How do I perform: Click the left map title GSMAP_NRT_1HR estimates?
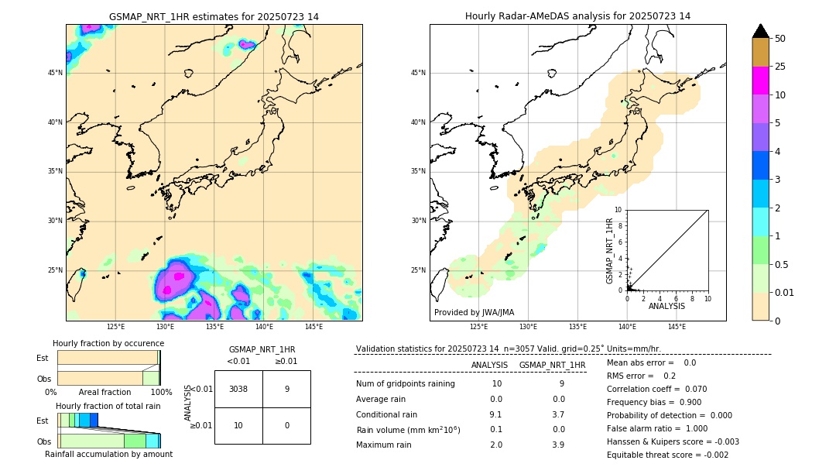coord(214,16)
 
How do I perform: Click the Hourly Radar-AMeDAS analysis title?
coord(577,16)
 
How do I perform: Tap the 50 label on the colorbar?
coord(780,38)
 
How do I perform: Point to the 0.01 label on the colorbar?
coord(785,292)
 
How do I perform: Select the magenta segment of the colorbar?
coord(760,81)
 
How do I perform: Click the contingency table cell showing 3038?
coord(238,389)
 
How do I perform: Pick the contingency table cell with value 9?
coord(286,389)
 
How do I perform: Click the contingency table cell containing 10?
coord(238,425)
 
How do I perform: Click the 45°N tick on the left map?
coord(55,73)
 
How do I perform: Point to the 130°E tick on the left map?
coord(165,327)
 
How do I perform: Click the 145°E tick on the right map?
coord(677,327)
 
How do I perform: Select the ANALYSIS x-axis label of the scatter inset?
coord(666,306)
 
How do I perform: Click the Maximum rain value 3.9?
coord(558,445)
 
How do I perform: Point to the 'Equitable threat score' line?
coord(667,455)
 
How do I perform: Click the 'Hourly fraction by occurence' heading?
coord(108,343)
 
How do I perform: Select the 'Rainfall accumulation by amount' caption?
coord(108,454)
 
